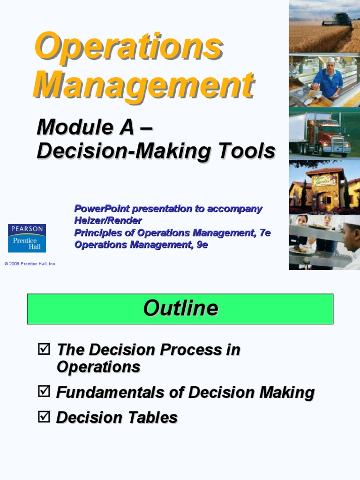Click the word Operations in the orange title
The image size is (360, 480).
tap(128, 46)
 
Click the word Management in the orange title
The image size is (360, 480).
tap(143, 84)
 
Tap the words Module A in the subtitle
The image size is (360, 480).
tap(86, 127)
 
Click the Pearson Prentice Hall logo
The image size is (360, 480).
tap(27, 238)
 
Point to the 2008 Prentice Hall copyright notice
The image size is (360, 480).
tap(30, 264)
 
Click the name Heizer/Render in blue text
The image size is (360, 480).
tap(108, 220)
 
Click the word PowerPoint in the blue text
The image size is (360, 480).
tap(101, 209)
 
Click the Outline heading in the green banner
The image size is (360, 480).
tap(180, 308)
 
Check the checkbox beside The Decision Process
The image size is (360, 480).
tap(43, 349)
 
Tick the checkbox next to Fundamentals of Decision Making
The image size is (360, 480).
tap(43, 392)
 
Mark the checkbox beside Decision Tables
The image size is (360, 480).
tap(43, 416)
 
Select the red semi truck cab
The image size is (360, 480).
tap(328, 136)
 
